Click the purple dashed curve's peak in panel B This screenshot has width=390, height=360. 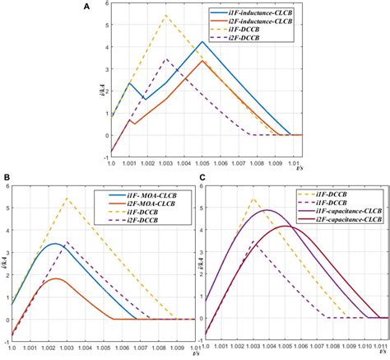[67, 242]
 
